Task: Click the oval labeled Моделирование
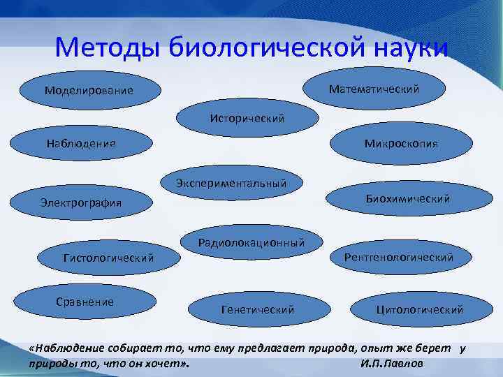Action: point(88,91)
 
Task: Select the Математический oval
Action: point(374,89)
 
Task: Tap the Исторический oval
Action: point(247,118)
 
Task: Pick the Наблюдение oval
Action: point(81,143)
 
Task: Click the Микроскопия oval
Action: point(400,144)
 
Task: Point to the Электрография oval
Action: point(81,203)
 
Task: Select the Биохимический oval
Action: point(408,199)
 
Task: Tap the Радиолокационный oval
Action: point(251,243)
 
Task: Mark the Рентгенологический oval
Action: point(398,258)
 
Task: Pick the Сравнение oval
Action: point(85,302)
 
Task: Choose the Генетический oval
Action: point(257,309)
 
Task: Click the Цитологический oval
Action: point(419,309)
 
